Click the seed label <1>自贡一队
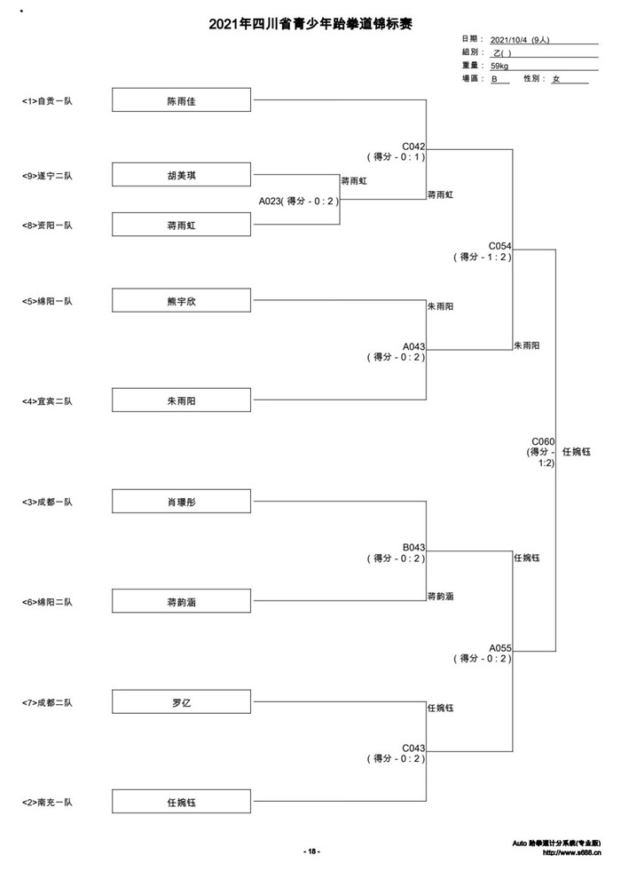coord(48,101)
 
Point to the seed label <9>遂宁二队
coord(48,176)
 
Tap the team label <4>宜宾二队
coord(48,401)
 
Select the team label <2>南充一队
coord(48,803)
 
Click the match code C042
coord(413,146)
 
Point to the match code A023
coord(269,202)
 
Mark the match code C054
coord(500,246)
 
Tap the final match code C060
coord(543,442)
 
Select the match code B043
coord(413,548)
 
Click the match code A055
coord(500,648)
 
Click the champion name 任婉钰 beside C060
coord(577,452)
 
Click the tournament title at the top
coord(310,24)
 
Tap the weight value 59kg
coord(499,67)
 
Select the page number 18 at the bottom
coord(311,851)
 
